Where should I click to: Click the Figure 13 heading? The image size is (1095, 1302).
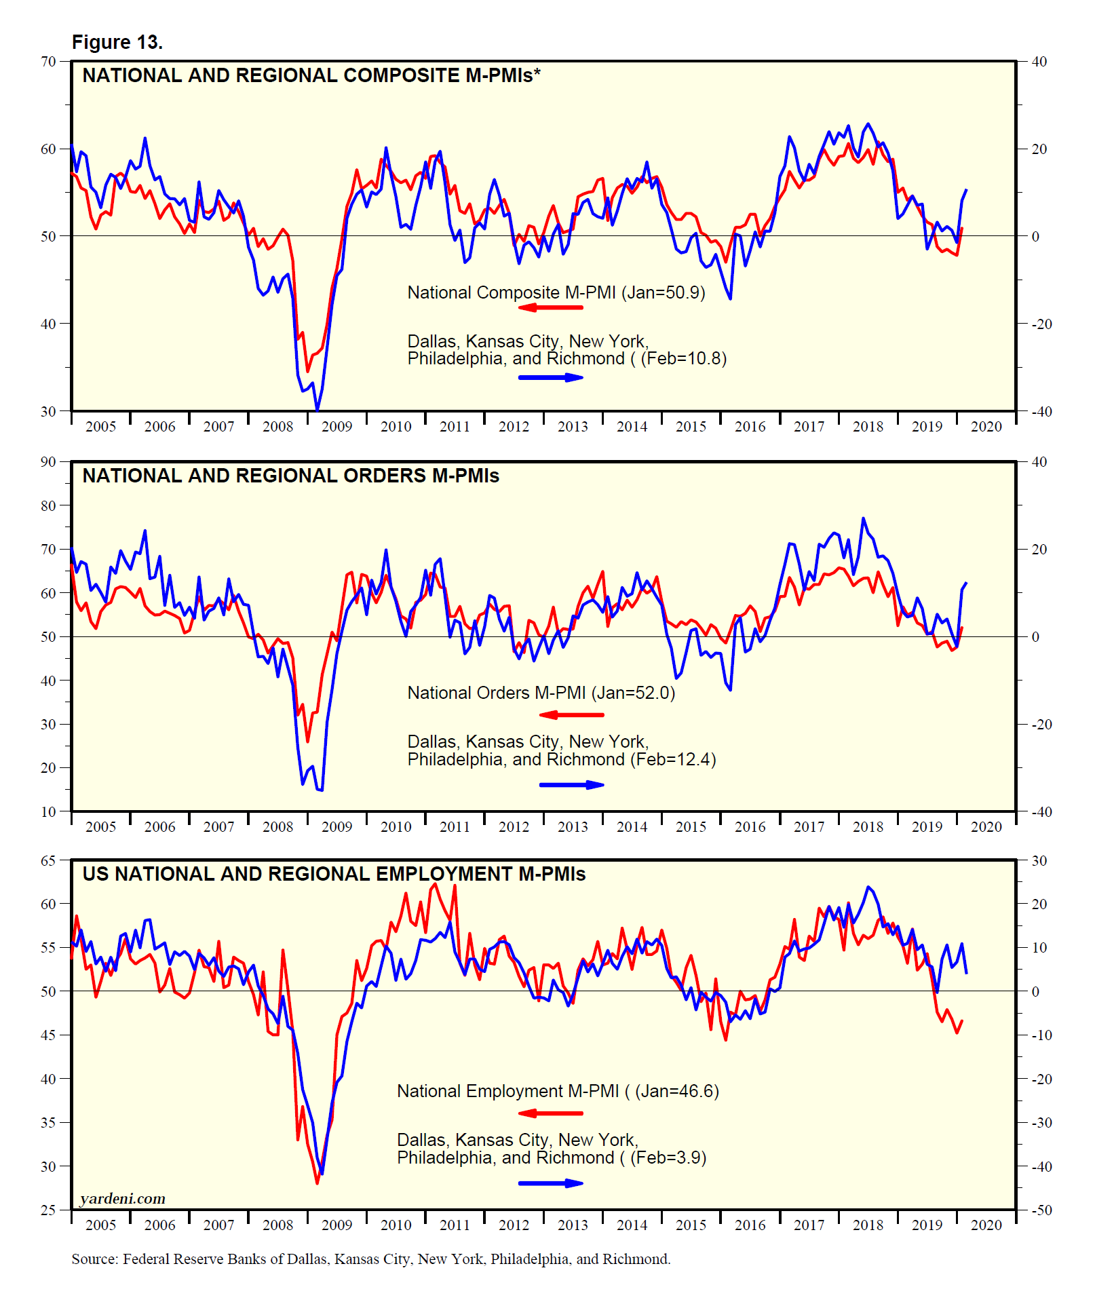(x=117, y=42)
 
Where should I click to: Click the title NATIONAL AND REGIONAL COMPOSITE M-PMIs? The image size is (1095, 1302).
(x=311, y=75)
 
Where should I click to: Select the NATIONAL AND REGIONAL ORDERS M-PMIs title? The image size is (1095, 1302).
(x=290, y=476)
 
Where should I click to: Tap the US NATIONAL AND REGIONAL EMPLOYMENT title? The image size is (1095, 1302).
(x=334, y=874)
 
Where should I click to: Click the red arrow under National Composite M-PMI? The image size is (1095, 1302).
(x=550, y=307)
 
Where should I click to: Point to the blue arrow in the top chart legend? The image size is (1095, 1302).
(x=550, y=377)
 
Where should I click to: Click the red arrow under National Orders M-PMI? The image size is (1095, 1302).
(x=571, y=714)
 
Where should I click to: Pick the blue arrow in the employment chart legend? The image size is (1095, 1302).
(x=550, y=1183)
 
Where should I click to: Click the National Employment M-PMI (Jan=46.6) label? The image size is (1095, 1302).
(x=558, y=1091)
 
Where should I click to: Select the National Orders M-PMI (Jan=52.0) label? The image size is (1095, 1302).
(x=541, y=693)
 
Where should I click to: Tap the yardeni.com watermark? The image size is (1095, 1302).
(x=123, y=1198)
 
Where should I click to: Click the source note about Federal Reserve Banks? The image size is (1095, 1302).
(x=370, y=1259)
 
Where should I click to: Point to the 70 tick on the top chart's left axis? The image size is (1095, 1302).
(x=48, y=62)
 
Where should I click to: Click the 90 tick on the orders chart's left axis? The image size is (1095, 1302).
(x=48, y=462)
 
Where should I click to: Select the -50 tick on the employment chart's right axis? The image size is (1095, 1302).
(x=1041, y=1210)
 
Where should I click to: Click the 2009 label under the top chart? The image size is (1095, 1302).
(x=337, y=427)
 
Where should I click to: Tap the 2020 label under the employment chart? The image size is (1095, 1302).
(x=986, y=1225)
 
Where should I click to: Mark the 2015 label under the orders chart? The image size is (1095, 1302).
(x=691, y=827)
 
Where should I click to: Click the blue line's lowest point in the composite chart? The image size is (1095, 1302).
(x=317, y=410)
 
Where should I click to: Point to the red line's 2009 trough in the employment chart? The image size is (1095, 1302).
(x=317, y=1183)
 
